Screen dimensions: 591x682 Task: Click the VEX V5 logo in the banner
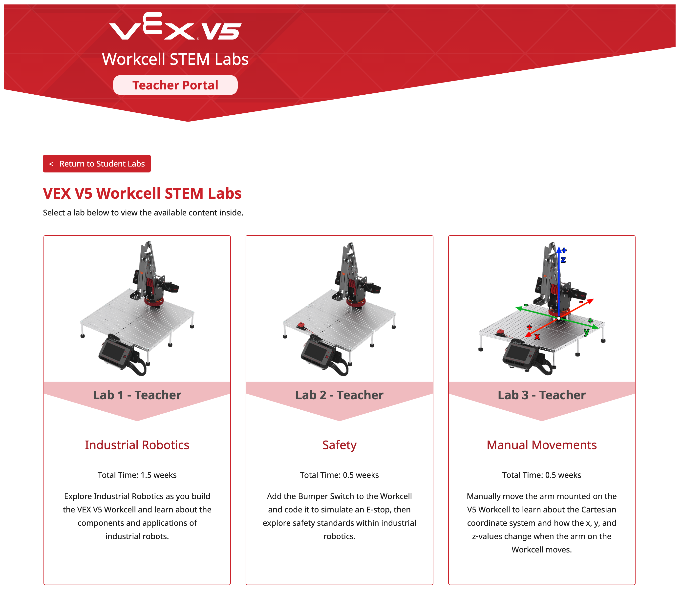(x=175, y=27)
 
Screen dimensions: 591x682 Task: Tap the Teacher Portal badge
(x=175, y=85)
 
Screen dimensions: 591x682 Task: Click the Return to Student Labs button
(x=97, y=164)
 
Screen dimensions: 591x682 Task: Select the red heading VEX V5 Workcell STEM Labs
(x=142, y=193)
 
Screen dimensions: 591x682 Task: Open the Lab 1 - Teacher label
(x=137, y=395)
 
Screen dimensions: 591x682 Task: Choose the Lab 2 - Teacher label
(x=339, y=395)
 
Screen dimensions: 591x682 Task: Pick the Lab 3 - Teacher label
(x=541, y=395)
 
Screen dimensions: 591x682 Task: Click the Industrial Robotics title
(x=137, y=445)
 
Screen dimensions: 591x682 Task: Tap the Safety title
(x=339, y=445)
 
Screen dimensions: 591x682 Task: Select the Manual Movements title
(x=541, y=445)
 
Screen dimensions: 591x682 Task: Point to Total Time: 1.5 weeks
(x=137, y=475)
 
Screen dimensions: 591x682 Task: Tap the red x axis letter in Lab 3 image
(x=537, y=337)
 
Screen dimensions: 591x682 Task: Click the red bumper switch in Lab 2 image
(x=301, y=325)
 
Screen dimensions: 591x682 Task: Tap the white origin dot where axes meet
(x=559, y=318)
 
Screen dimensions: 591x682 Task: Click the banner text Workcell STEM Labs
(x=175, y=59)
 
